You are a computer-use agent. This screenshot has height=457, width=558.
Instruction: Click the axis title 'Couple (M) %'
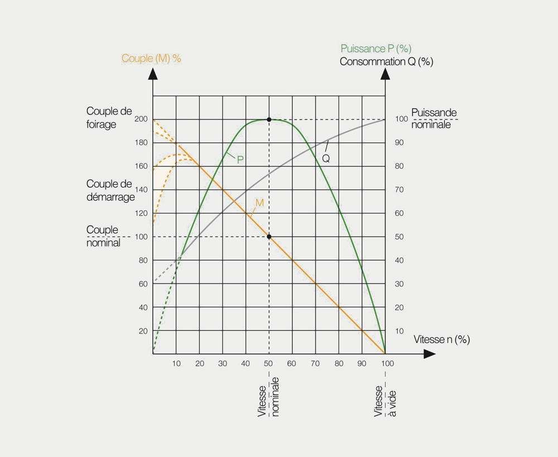click(x=151, y=58)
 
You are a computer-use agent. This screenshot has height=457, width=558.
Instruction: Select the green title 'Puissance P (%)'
click(x=376, y=49)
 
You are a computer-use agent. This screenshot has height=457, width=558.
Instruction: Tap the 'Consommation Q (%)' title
click(x=386, y=61)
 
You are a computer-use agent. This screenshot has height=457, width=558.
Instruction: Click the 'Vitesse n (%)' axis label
click(x=441, y=339)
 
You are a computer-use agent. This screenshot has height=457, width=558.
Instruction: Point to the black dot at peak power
click(x=269, y=120)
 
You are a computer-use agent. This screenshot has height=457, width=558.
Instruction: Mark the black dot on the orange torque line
click(x=269, y=237)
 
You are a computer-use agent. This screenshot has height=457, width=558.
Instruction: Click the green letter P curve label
click(x=240, y=159)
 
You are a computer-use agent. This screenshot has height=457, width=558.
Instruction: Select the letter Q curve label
click(x=326, y=159)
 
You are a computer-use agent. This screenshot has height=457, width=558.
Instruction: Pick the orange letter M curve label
click(x=259, y=202)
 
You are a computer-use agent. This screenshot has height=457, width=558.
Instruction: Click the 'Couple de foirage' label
click(x=109, y=118)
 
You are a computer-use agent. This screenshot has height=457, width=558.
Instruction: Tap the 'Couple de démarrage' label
click(x=110, y=190)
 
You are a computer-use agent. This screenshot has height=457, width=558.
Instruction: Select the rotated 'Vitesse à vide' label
click(x=385, y=401)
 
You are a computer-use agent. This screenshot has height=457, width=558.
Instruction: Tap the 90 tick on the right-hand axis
click(x=399, y=143)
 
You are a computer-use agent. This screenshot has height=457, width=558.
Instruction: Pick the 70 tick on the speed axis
click(x=316, y=364)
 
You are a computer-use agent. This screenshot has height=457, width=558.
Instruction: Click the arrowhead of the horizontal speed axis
click(x=429, y=354)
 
